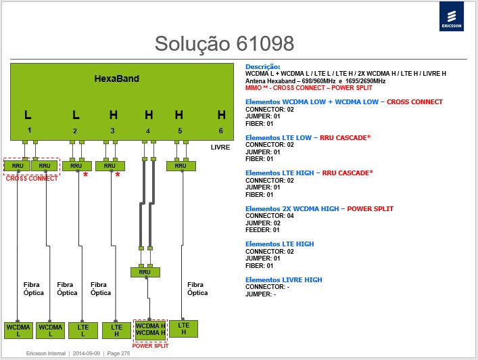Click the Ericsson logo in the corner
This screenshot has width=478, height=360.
[452, 16]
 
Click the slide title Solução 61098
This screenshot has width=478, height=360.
[224, 43]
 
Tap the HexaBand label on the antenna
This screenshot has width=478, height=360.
[117, 78]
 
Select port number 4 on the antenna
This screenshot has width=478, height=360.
[148, 131]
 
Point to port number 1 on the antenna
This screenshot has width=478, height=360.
[29, 131]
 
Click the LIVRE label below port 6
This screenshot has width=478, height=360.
[220, 148]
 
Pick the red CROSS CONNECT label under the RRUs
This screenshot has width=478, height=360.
[32, 179]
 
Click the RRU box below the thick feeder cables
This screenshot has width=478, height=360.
[145, 272]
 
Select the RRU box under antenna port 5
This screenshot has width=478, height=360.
[181, 166]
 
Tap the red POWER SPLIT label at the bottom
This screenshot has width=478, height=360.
[150, 346]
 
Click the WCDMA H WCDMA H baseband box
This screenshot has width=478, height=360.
[150, 330]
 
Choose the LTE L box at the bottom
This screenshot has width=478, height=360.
[83, 330]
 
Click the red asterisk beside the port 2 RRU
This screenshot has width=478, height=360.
[85, 175]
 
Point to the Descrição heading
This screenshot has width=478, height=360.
[263, 67]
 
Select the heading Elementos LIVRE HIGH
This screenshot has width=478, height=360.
[284, 279]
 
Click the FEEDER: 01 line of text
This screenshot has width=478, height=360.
[262, 230]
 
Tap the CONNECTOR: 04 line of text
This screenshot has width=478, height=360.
[270, 216]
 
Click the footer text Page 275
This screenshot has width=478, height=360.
[118, 353]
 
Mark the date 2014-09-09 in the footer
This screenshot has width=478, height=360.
[87, 353]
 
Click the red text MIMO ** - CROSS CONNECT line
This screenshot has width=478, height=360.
[309, 88]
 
